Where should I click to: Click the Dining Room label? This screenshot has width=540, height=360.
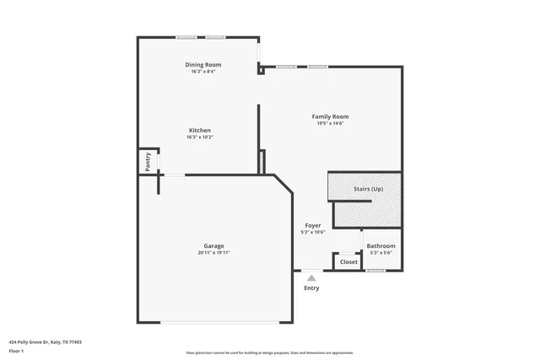click(x=202, y=65)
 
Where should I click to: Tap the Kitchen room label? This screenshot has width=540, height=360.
click(x=199, y=131)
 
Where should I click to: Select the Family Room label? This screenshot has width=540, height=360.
click(x=330, y=116)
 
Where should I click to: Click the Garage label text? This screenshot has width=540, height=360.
click(x=213, y=245)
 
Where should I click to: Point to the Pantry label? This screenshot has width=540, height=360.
click(x=148, y=160)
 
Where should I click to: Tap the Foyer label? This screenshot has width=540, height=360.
click(x=312, y=226)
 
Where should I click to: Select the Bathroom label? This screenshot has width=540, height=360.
click(x=381, y=246)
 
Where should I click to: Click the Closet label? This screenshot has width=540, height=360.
click(x=348, y=262)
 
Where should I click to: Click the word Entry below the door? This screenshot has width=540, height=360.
click(x=311, y=288)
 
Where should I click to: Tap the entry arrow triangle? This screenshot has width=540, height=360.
click(x=311, y=277)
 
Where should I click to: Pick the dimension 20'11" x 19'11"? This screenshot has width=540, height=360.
click(x=213, y=252)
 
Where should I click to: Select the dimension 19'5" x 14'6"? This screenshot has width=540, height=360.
click(x=330, y=123)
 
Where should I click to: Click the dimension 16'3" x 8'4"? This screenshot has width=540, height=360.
click(x=202, y=72)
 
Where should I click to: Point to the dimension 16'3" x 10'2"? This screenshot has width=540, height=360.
click(x=199, y=137)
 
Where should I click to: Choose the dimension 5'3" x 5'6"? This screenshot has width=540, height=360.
click(x=381, y=253)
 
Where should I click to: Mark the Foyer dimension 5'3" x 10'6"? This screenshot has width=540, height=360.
click(x=312, y=233)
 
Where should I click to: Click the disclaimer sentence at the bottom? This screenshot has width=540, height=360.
click(x=269, y=352)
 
